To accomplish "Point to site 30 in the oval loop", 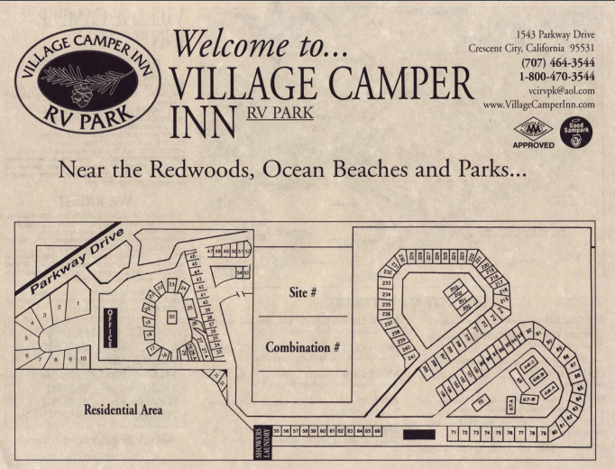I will pos(171,317).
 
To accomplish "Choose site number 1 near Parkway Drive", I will pos(79,303).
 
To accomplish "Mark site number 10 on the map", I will pos(83,358).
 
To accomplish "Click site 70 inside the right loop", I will pos(481,400).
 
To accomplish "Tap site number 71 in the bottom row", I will pos(454,434).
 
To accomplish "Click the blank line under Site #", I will pos(302,317).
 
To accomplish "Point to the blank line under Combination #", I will pos(302,370).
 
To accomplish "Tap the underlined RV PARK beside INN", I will pos(280,115).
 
